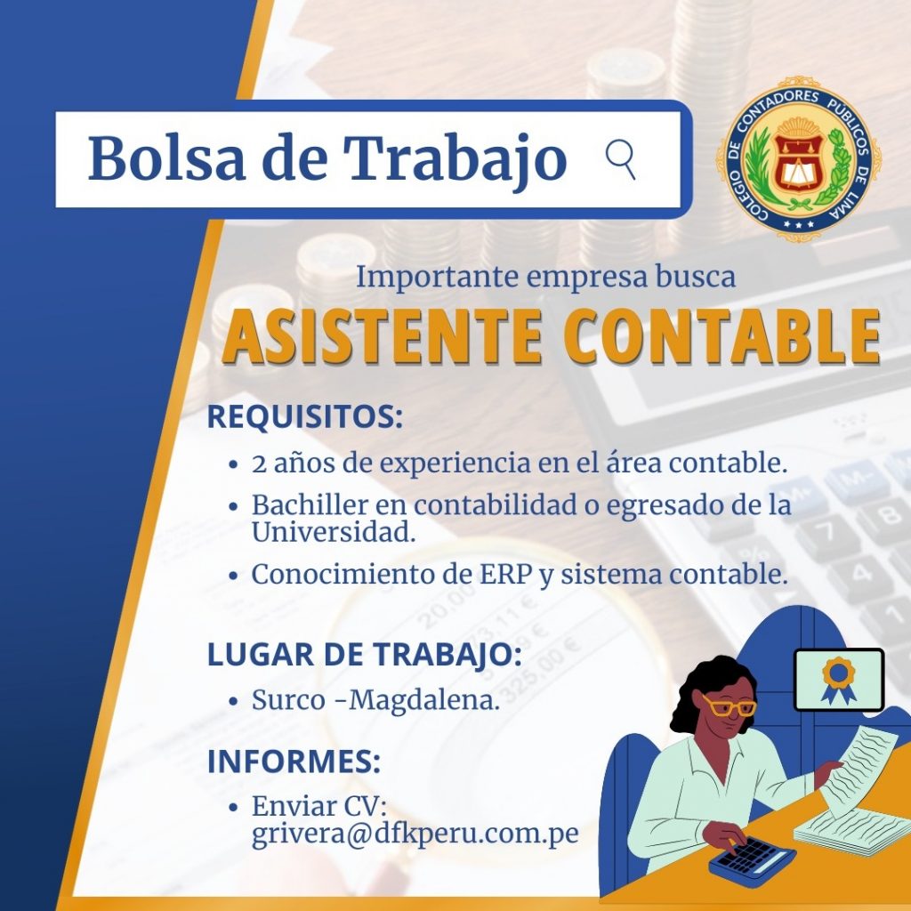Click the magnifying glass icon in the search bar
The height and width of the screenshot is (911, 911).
click(x=620, y=158)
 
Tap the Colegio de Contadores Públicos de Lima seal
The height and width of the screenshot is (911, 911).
click(x=802, y=158)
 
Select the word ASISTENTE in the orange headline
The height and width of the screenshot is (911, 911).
click(x=383, y=337)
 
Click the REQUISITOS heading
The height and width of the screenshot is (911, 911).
click(x=305, y=416)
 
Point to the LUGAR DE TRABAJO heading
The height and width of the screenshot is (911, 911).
click(x=364, y=654)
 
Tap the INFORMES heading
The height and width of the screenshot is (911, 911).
click(x=294, y=762)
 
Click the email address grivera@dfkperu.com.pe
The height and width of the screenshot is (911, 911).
click(x=415, y=834)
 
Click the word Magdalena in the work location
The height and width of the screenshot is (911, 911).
click(x=424, y=700)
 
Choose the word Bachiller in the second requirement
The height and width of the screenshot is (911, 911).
click(x=310, y=505)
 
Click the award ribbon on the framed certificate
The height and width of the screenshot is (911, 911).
click(x=838, y=680)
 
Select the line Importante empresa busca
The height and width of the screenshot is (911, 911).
click(x=545, y=277)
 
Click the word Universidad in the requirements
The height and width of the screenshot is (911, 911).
click(x=334, y=532)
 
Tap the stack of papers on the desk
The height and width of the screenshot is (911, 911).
click(x=851, y=832)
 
